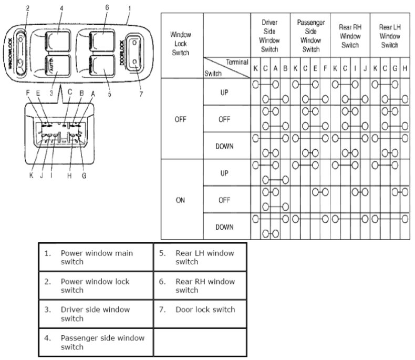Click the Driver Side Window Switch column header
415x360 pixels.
point(270,36)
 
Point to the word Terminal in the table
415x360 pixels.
point(236,62)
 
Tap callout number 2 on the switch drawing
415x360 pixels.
point(27,8)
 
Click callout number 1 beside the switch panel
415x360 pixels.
point(130,8)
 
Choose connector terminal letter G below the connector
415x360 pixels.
point(84,176)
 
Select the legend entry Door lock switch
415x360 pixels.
point(205,309)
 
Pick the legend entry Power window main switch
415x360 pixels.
point(97,257)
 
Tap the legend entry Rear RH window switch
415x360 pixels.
point(205,285)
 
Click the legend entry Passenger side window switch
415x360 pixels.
point(102,342)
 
